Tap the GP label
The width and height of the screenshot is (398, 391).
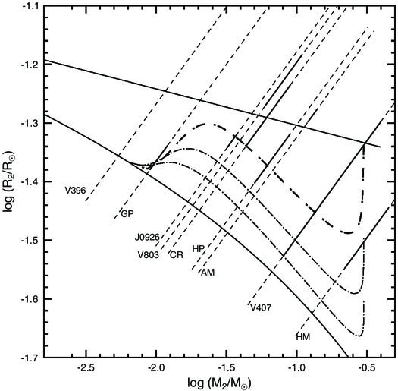tap(127, 215)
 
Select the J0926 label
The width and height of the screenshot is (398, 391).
tap(149, 237)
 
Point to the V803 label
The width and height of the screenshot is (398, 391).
tap(149, 254)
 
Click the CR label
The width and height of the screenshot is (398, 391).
tap(177, 254)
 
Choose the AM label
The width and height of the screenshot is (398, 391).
tap(207, 272)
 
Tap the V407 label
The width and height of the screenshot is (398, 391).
tap(260, 307)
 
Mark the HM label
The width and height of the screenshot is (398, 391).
tap(303, 336)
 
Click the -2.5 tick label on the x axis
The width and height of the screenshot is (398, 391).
tap(86, 367)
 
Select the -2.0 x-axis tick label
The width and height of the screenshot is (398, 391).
tap(156, 367)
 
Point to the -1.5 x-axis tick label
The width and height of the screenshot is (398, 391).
tap(227, 367)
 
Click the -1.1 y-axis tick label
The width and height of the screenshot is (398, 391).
tap(30, 5)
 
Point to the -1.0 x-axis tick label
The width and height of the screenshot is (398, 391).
tap(296, 367)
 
